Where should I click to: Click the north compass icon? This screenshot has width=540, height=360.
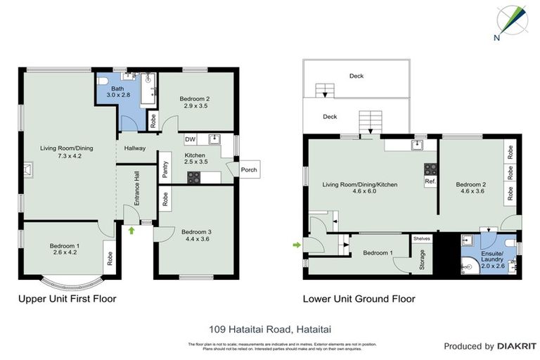(x=512, y=21)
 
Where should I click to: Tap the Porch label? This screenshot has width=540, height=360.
(x=249, y=169)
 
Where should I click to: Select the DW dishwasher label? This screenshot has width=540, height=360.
(x=191, y=139)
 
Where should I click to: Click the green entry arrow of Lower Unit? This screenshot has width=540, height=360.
(x=296, y=245)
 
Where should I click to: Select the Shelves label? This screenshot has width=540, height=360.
(x=421, y=239)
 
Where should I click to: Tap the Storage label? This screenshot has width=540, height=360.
(x=422, y=260)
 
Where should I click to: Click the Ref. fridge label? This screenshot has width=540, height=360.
(x=429, y=181)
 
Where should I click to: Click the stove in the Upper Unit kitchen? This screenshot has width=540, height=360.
(x=195, y=179)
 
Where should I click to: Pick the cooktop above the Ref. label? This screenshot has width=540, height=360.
(x=429, y=169)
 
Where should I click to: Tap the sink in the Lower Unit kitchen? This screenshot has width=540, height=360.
(x=417, y=145)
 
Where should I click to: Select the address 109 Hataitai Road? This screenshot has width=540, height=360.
(x=269, y=328)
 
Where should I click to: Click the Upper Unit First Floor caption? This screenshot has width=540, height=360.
(x=67, y=299)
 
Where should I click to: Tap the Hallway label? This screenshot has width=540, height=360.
(x=135, y=148)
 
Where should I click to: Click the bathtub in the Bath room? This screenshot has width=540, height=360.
(x=148, y=89)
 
